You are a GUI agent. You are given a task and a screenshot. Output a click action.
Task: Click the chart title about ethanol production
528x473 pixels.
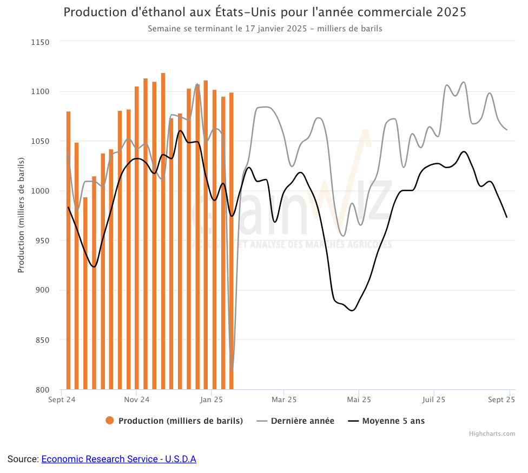[265, 12]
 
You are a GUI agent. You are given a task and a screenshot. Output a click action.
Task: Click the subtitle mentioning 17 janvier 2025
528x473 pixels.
[265, 29]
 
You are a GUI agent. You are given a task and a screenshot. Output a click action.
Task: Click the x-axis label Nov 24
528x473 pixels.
[136, 400]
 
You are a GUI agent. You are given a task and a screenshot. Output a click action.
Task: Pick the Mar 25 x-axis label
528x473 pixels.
[284, 400]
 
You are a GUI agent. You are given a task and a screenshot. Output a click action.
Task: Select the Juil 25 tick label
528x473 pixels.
[433, 400]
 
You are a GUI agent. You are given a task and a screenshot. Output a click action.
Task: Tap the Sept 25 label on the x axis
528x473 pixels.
[501, 400]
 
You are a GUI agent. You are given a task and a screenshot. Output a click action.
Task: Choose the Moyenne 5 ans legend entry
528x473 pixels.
[393, 421]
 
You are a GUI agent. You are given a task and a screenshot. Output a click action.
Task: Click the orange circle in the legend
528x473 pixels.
[110, 421]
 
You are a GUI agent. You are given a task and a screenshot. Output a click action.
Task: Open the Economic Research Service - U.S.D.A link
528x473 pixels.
[118, 459]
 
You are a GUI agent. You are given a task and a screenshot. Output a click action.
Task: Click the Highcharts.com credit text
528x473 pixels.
[492, 434]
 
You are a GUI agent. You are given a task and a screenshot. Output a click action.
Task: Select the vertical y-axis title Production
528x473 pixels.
[22, 215]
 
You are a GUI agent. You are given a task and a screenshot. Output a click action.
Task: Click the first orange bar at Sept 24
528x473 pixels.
[69, 249]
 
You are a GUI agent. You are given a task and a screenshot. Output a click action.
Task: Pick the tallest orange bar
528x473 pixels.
[163, 232]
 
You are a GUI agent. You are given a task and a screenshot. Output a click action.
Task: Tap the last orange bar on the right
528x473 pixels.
[232, 241]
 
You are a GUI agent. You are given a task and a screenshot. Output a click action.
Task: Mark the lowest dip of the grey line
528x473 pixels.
[232, 370]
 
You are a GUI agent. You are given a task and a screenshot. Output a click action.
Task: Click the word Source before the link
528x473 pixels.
[22, 459]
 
